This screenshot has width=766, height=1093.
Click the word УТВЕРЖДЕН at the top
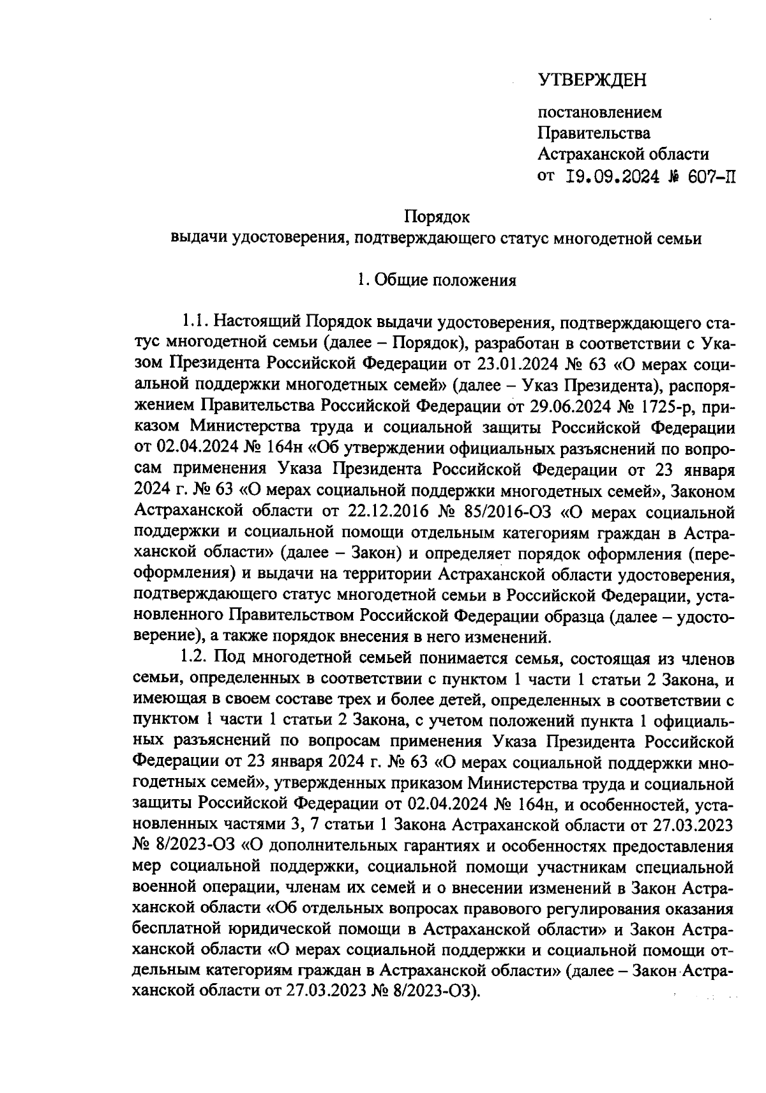pos(592,80)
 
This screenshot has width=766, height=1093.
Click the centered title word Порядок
pos(438,218)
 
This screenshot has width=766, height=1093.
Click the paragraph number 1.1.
pos(194,321)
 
